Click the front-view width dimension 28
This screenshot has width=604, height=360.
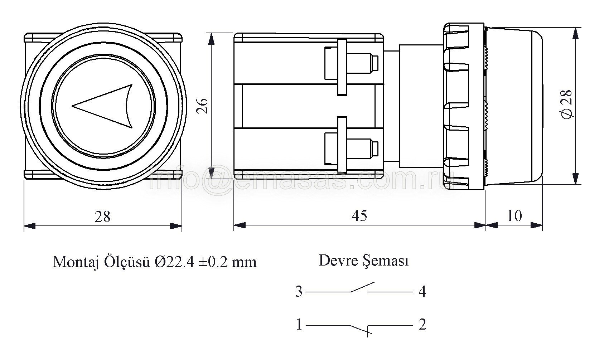coord(102,217)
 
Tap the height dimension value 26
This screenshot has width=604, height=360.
coord(203,106)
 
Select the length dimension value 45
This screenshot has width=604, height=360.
coord(359,216)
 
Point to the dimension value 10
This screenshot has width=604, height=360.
coord(514,216)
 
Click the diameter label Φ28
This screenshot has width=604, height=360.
coord(567,104)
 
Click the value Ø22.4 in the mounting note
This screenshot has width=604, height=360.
coord(174,262)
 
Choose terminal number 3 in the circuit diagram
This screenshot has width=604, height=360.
coord(299,292)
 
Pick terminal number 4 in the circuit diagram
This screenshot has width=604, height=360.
coord(422,292)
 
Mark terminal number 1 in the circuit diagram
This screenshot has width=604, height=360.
coord(299,325)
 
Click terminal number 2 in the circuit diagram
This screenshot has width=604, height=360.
coord(422,325)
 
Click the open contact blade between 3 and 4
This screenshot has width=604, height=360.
coord(363,287)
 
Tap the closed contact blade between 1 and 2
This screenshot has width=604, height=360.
coord(361,330)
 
